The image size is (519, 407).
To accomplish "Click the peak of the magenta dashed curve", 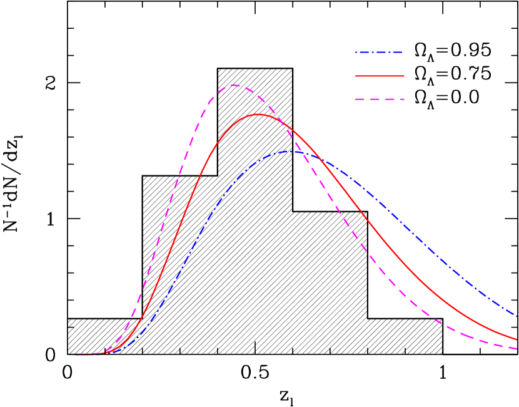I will click(x=233, y=85).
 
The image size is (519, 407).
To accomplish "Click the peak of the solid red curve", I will click(x=258, y=115).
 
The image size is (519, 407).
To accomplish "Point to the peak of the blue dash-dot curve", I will click(x=291, y=151).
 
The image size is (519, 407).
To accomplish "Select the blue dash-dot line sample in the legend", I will click(x=379, y=53).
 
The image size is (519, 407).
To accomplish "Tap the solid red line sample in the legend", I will click(x=380, y=76).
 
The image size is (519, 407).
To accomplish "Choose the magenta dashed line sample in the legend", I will click(x=380, y=99).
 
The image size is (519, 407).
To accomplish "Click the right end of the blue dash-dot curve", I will click(x=517, y=316).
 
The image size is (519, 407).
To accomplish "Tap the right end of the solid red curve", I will click(x=517, y=339).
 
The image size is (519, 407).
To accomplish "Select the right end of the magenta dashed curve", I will click(x=517, y=349).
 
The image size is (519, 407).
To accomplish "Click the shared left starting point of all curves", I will click(x=75, y=354).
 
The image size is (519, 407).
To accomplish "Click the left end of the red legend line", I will click(x=356, y=76).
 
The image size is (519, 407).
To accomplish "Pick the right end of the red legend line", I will click(x=404, y=76).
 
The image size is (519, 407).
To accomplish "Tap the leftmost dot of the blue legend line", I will click(x=356, y=53).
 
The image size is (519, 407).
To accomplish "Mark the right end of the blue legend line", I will click(x=401, y=53).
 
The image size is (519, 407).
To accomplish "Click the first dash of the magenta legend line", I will click(x=360, y=99).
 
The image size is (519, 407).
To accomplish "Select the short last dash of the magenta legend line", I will click(x=402, y=99).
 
